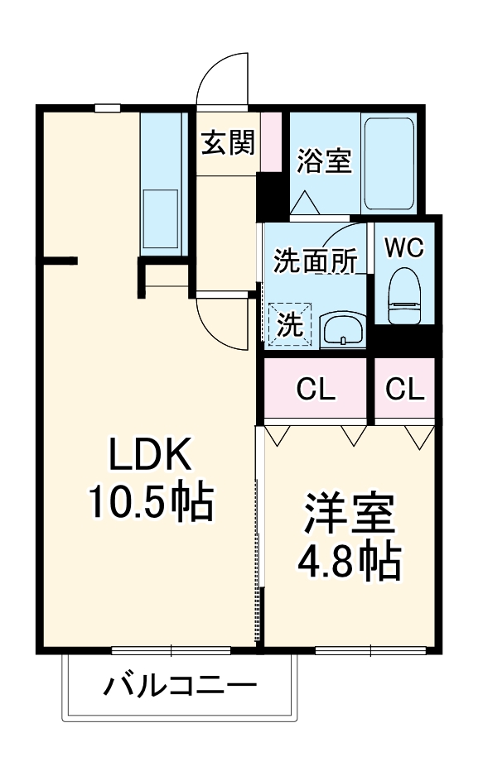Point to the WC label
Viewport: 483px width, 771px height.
tap(404, 247)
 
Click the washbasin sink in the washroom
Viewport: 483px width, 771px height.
tap(341, 330)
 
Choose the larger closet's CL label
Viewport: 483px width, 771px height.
tap(316, 390)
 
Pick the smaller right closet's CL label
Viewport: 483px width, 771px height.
tap(404, 390)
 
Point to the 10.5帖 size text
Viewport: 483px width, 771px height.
tap(152, 501)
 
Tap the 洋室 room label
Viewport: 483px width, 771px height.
tap(349, 517)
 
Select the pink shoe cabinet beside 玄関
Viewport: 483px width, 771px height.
tap(271, 141)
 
